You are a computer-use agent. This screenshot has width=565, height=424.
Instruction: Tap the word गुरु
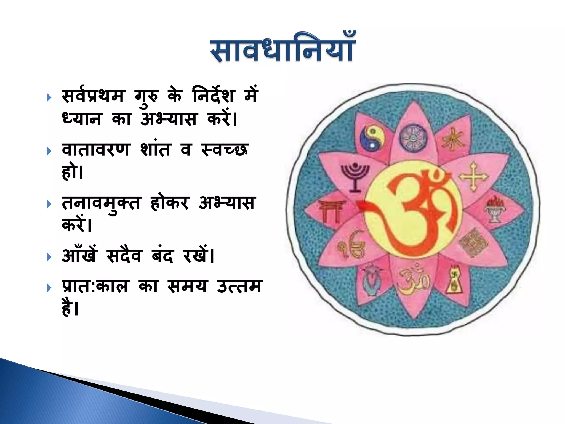pyautogui.click(x=146, y=97)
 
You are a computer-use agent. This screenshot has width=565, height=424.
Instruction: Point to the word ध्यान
pyautogui.click(x=82, y=119)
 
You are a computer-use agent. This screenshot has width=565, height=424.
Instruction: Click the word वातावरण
pyautogui.click(x=95, y=149)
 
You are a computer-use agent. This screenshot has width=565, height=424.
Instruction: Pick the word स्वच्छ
pyautogui.click(x=224, y=150)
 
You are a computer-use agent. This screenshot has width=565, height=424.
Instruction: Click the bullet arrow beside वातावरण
pyautogui.click(x=49, y=151)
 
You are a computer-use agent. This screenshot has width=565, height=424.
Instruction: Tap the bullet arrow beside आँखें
pyautogui.click(x=49, y=257)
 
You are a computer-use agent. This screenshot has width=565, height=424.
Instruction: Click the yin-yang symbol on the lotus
pyautogui.click(x=372, y=138)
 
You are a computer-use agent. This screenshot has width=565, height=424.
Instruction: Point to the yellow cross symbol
pyautogui.click(x=473, y=177)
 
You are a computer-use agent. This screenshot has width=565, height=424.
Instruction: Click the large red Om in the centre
pyautogui.click(x=414, y=210)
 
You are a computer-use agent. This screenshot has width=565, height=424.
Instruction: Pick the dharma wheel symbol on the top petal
pyautogui.click(x=413, y=138)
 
